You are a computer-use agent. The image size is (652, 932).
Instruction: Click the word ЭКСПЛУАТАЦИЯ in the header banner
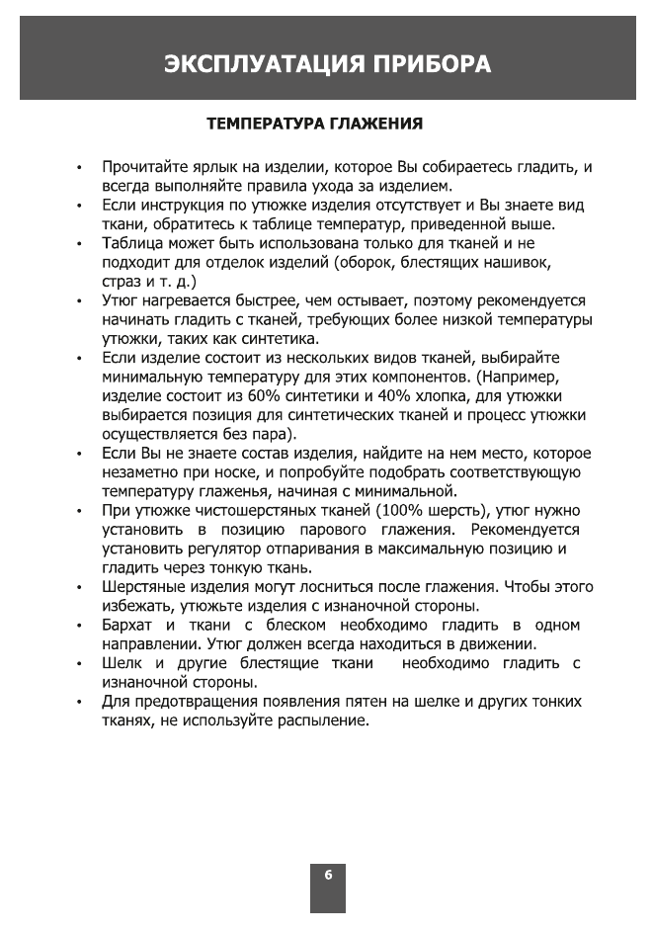click(260, 65)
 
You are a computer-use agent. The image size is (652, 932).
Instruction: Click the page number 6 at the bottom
click(328, 876)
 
